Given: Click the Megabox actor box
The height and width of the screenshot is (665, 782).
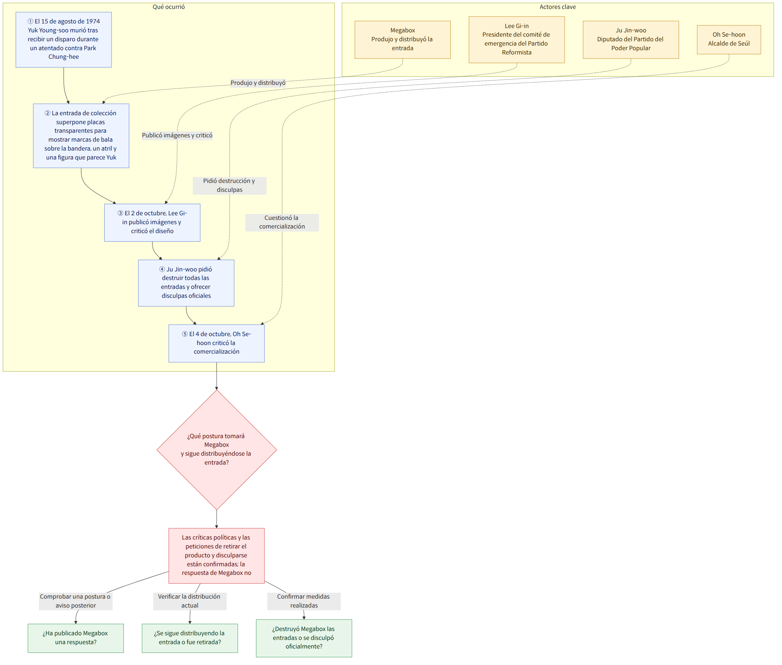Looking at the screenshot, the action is (x=402, y=40).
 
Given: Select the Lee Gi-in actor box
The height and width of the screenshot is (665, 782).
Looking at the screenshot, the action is (x=516, y=40).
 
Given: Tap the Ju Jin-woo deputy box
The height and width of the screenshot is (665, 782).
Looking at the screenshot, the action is (x=631, y=40).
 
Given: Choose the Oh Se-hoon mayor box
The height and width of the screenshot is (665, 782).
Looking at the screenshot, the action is (x=729, y=40).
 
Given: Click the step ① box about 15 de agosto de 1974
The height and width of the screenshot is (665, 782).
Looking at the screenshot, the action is (x=64, y=40).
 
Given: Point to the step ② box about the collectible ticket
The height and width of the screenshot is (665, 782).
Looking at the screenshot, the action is (x=81, y=136).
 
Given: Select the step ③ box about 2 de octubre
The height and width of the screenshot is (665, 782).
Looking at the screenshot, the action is (x=152, y=223).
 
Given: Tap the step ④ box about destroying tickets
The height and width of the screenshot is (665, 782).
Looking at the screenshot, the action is (x=186, y=283).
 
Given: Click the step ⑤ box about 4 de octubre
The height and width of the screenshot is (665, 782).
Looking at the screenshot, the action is (x=216, y=343).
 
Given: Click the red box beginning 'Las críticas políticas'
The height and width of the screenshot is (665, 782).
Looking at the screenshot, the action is (x=216, y=556).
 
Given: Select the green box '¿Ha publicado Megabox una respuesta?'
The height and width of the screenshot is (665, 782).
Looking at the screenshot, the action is (x=76, y=638).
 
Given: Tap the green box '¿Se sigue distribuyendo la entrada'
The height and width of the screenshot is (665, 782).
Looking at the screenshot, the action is (x=190, y=638).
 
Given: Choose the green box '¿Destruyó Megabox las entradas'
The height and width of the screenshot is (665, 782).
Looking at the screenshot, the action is (x=304, y=638).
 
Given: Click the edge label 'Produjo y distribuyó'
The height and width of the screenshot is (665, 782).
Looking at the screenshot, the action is (x=258, y=83).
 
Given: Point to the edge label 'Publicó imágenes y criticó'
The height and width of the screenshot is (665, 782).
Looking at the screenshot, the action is (x=177, y=135).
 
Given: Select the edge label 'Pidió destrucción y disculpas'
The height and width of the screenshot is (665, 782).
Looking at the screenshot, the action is (x=230, y=186).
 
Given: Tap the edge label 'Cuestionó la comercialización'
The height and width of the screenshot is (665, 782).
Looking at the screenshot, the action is (x=282, y=223).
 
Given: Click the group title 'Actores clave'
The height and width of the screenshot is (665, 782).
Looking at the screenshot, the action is (x=558, y=7).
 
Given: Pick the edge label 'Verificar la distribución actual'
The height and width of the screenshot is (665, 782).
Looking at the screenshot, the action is (x=190, y=601).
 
